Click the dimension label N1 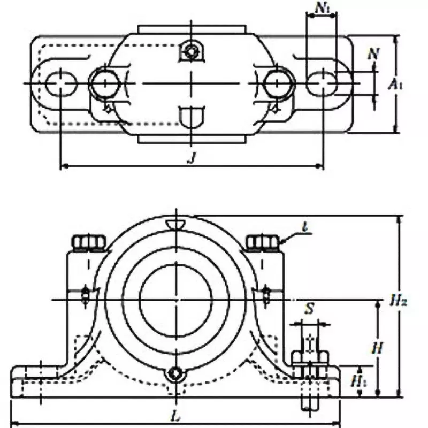click(322, 8)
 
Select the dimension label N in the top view click(373, 53)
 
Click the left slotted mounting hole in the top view click(62, 83)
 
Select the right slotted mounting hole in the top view click(323, 83)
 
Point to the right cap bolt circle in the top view click(278, 83)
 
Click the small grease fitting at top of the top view click(190, 51)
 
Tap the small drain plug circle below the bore click(175, 374)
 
